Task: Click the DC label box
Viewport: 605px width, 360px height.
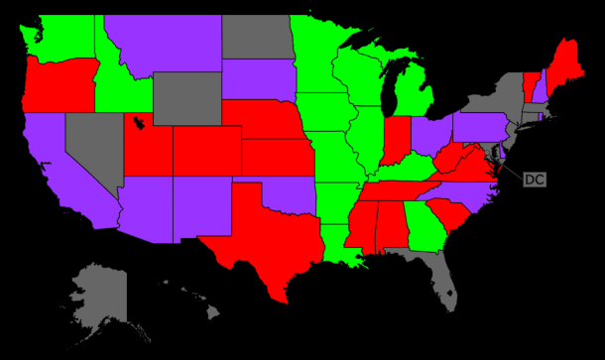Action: point(534,180)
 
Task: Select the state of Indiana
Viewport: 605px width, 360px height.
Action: point(397,140)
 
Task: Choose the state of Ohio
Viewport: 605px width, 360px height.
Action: point(429,135)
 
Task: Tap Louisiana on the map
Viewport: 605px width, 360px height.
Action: point(347,247)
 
